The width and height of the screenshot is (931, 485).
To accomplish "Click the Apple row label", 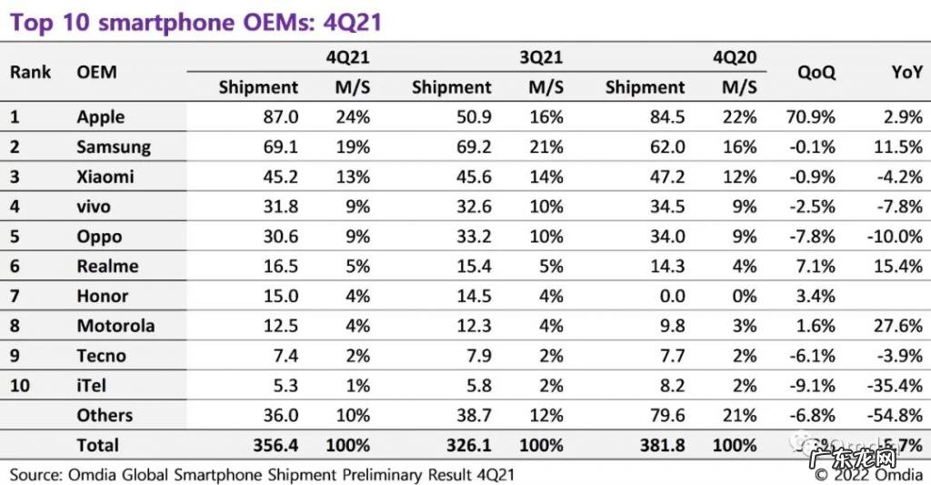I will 101,117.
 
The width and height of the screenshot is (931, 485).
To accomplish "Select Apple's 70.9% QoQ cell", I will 809,117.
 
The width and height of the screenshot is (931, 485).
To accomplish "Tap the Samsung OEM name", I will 114,147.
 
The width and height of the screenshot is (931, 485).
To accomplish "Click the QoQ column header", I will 816,72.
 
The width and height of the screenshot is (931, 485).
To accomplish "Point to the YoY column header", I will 906,72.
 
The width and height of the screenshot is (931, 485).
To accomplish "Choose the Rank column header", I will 31,72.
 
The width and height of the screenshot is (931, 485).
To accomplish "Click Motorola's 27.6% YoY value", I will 897,326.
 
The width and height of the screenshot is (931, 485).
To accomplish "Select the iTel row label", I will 92,386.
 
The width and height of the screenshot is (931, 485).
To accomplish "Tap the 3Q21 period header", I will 541,57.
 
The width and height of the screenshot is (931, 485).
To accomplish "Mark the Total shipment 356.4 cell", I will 274,446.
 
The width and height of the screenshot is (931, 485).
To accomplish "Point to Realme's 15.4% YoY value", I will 897,266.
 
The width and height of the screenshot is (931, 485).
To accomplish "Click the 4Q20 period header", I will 734,57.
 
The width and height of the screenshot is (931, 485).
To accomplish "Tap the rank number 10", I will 20,386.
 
